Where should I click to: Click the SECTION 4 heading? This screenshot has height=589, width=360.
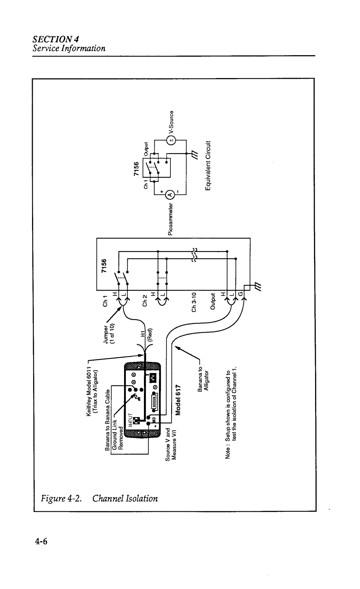pos(56,39)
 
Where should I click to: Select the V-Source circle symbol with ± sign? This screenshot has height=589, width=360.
pos(171,140)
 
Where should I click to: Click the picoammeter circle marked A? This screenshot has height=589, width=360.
pos(170,195)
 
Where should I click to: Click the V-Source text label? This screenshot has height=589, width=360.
pos(171,122)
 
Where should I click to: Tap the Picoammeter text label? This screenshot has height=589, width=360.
pos(170,219)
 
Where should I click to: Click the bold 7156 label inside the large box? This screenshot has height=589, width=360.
pos(104,265)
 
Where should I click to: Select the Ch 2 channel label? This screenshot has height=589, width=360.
pos(145,300)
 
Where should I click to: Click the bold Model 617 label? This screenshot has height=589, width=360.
pos(179,400)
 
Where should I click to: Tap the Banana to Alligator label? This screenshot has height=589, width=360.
pos(203,378)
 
